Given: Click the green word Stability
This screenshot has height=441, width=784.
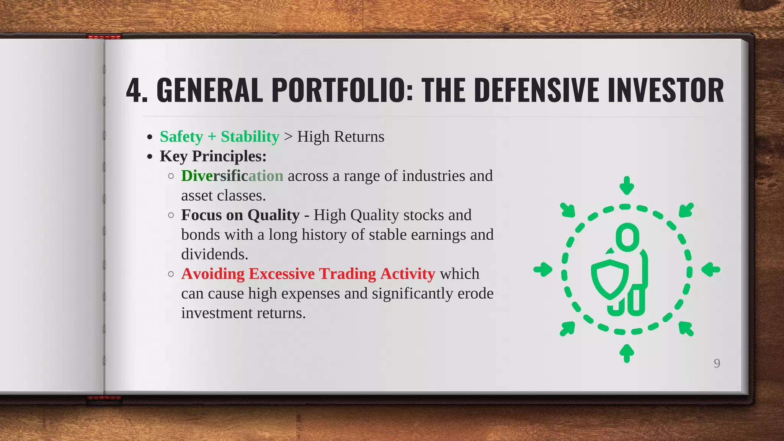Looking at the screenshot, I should [250, 137].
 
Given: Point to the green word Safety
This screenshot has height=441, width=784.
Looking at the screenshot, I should [181, 137].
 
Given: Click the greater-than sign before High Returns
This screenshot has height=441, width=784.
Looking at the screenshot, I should [288, 137].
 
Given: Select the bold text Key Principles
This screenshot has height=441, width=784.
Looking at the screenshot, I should [213, 156].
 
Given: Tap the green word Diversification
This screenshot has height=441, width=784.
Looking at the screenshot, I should [232, 176].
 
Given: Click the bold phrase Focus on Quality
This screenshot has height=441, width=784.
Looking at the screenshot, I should [240, 215].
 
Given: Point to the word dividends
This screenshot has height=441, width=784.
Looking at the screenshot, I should [214, 254].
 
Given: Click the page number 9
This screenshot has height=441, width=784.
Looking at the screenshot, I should [717, 363].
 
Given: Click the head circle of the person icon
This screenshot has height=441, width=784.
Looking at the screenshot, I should [627, 237].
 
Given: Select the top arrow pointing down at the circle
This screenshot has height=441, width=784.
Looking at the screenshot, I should [627, 186].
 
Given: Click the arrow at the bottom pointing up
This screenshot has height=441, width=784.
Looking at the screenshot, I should [627, 353].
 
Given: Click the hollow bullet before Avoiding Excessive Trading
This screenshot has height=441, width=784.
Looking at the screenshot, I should [171, 274].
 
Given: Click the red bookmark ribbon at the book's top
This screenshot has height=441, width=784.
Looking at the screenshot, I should [105, 37].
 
